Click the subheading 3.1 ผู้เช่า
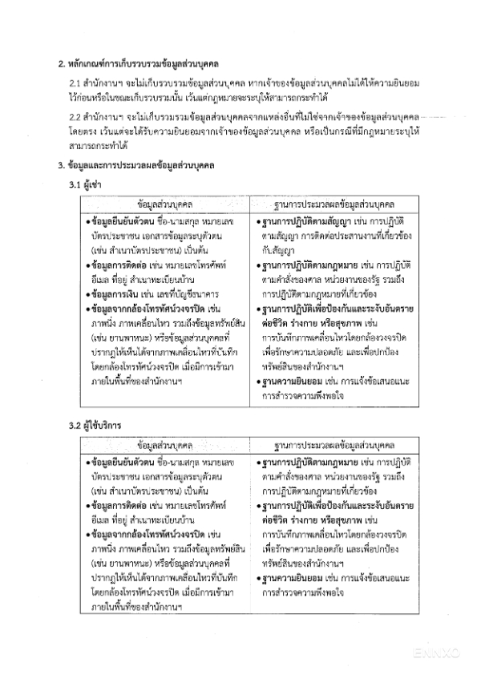point(84,184)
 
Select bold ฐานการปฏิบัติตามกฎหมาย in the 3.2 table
point(305,465)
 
